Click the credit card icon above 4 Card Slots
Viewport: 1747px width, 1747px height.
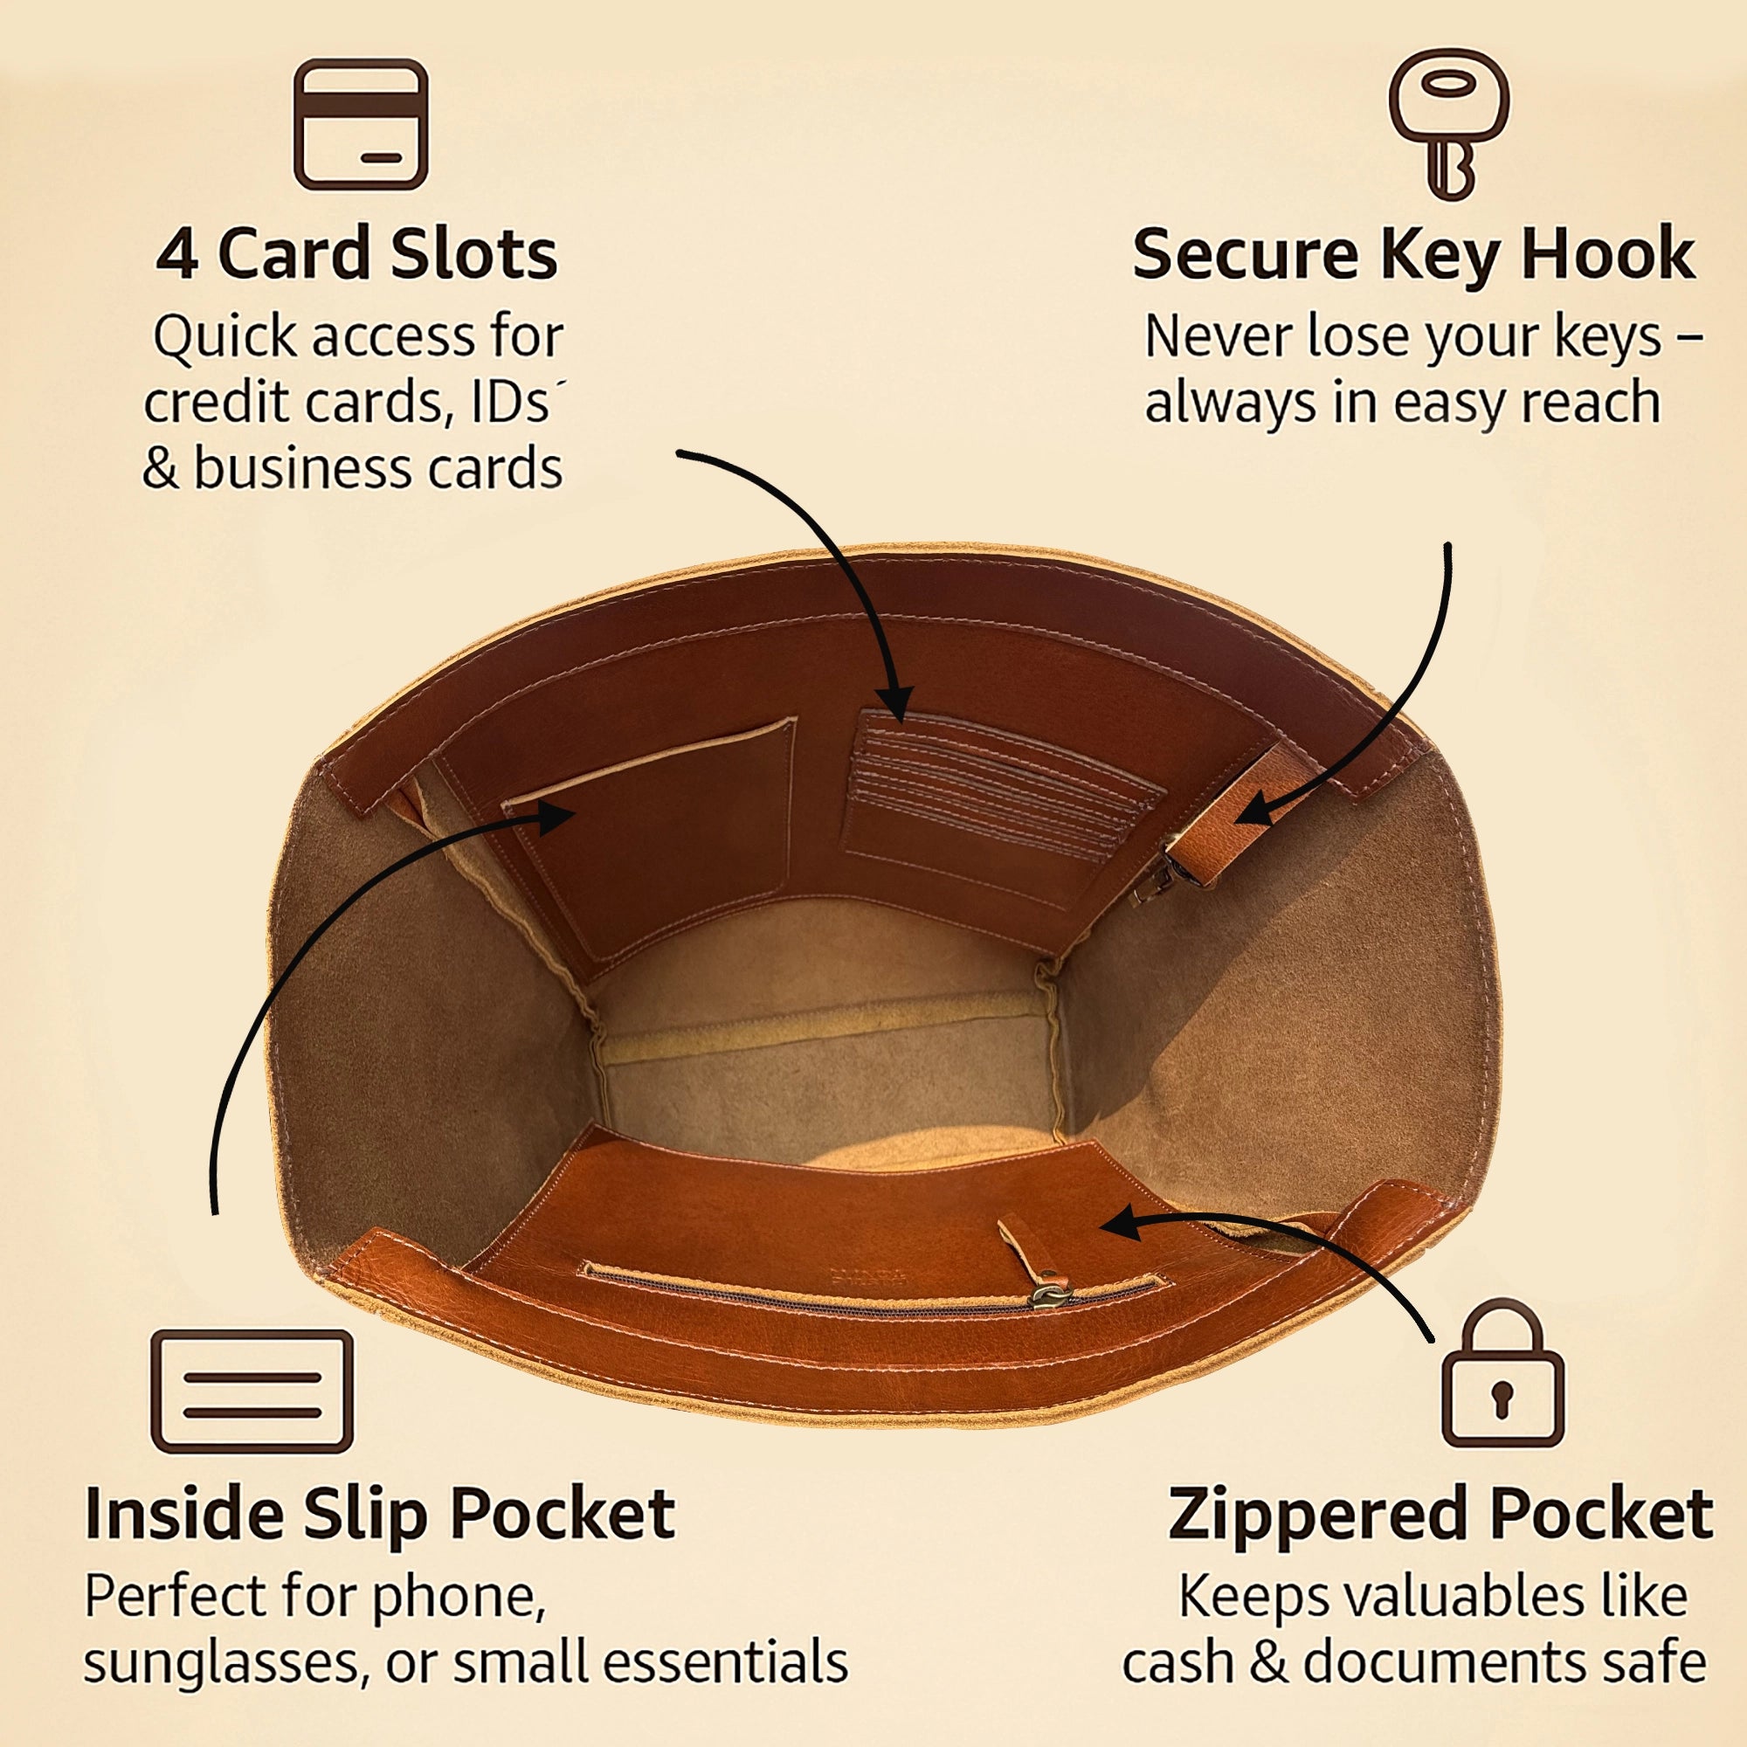coord(361,124)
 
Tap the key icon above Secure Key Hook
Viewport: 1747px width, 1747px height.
coord(1448,124)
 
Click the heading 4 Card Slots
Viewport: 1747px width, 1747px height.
coord(357,254)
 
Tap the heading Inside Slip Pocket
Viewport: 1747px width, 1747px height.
coord(380,1516)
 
